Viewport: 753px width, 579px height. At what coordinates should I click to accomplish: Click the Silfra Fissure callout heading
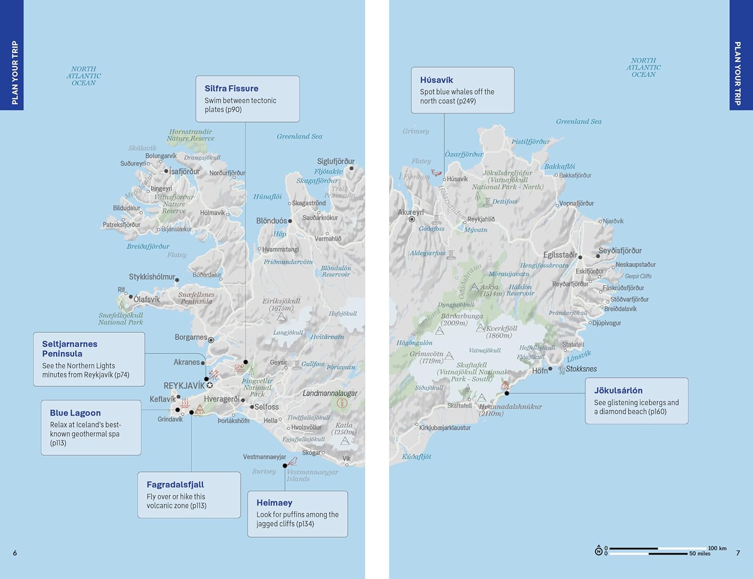(x=231, y=88)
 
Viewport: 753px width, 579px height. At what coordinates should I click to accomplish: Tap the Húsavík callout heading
(x=436, y=80)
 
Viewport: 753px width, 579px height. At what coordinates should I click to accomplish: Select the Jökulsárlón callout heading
(x=618, y=390)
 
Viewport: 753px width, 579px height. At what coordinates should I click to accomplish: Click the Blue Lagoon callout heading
(x=75, y=413)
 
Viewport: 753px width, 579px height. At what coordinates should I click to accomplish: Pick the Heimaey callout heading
(x=274, y=503)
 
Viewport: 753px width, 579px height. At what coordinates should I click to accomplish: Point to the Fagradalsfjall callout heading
(x=175, y=485)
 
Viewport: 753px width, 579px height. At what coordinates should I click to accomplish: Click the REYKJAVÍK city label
(x=184, y=386)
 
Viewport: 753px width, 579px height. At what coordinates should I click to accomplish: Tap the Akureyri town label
(x=411, y=212)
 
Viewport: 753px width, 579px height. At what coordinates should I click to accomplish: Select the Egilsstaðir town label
(x=560, y=255)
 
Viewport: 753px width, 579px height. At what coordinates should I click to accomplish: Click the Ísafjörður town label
(x=184, y=172)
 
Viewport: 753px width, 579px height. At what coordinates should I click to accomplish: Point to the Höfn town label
(x=540, y=371)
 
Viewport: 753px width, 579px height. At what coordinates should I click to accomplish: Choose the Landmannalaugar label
(x=330, y=393)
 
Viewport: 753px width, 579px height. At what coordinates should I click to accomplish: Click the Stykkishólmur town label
(x=152, y=277)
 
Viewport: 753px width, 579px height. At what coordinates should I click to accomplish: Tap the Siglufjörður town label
(x=336, y=162)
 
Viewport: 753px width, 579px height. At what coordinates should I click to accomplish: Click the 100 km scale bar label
(x=717, y=548)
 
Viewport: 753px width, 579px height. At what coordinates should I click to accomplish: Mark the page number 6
(x=15, y=553)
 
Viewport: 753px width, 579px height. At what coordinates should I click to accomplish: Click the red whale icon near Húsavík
(x=436, y=173)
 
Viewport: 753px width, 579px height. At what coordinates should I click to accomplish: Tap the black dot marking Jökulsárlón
(x=507, y=393)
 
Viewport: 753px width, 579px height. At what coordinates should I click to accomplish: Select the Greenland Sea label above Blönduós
(x=299, y=136)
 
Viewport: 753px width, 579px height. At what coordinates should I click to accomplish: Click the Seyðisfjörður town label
(x=620, y=251)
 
